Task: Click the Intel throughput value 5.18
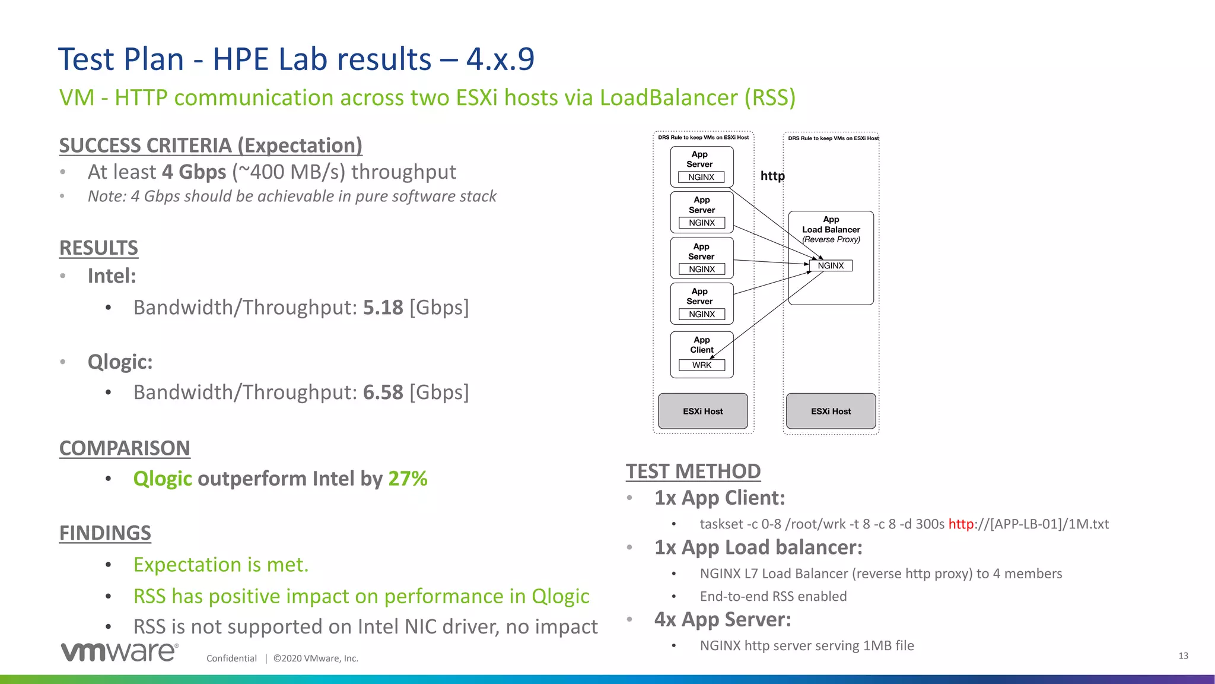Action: tap(383, 308)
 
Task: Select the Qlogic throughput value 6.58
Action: tap(383, 392)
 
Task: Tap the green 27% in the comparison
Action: tap(408, 479)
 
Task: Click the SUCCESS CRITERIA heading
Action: tap(211, 145)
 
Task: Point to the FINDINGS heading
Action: tap(105, 533)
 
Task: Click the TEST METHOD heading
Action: tap(693, 471)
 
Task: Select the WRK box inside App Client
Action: tap(702, 365)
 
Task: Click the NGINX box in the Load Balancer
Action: tap(831, 265)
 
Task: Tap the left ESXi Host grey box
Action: tap(702, 411)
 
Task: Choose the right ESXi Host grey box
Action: tap(831, 411)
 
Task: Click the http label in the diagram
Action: tap(772, 176)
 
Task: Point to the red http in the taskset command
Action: tap(960, 524)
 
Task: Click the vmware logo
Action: tap(119, 651)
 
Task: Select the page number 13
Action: tap(1183, 655)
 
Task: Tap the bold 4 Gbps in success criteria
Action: tap(194, 172)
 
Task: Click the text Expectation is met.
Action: tap(221, 565)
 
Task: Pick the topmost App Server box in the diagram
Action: tap(702, 166)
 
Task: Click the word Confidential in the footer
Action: tap(231, 658)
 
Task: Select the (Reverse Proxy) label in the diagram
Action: tap(831, 239)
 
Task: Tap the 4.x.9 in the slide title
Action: tap(500, 59)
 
